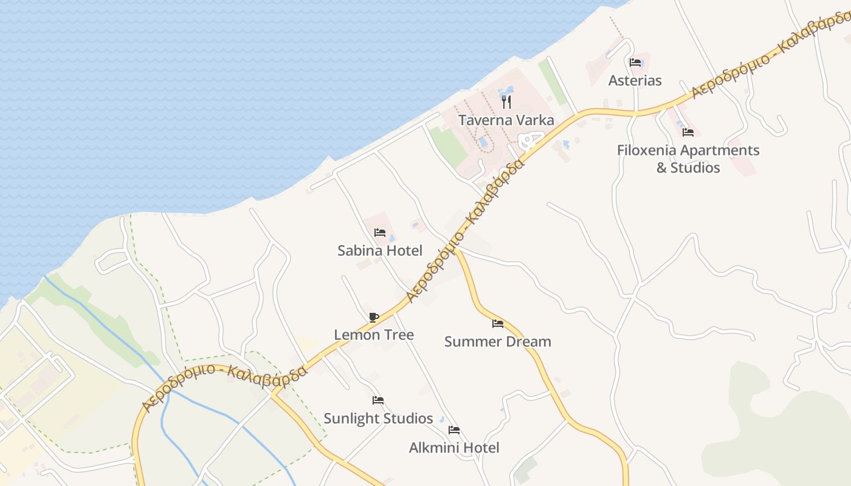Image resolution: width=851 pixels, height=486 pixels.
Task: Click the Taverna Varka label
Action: click(506, 120)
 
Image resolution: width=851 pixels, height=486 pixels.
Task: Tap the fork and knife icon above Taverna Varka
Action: click(506, 102)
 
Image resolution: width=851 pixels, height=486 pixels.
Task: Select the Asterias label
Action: click(635, 81)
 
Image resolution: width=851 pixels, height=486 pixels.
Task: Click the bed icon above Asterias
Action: click(635, 62)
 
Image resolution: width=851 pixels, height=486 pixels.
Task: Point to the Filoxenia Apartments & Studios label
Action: click(688, 159)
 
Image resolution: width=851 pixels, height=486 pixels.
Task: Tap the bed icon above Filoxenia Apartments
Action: click(688, 132)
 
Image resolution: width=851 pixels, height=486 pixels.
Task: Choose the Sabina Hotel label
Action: click(380, 250)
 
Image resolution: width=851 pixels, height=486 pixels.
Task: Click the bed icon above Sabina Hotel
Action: click(380, 232)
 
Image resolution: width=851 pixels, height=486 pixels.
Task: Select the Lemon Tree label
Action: click(374, 335)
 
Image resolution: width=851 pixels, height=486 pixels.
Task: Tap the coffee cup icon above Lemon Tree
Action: click(374, 317)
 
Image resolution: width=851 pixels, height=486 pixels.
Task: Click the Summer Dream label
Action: click(498, 341)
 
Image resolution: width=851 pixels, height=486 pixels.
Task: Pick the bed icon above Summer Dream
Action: click(498, 323)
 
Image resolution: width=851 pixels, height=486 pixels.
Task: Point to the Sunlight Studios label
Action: click(378, 419)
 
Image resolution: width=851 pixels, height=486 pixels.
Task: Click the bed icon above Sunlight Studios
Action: click(378, 400)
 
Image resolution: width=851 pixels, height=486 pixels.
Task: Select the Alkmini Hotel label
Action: click(454, 448)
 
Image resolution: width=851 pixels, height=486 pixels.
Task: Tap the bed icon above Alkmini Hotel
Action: click(454, 430)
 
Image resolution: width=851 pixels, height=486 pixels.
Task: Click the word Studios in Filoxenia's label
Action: click(695, 168)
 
